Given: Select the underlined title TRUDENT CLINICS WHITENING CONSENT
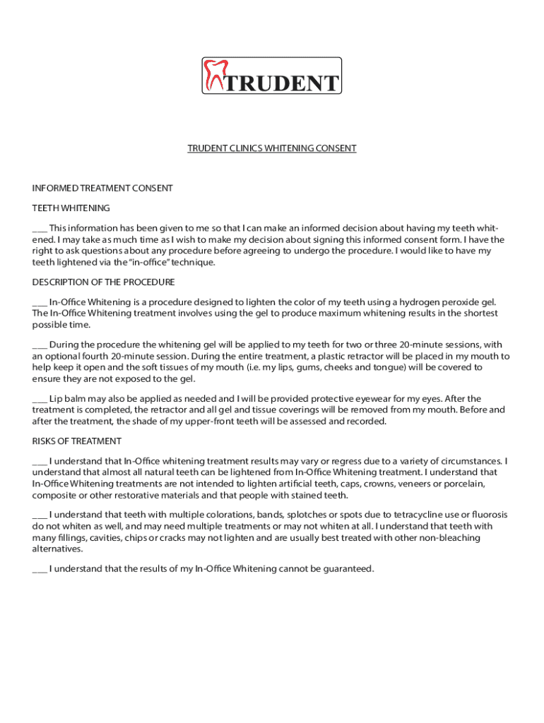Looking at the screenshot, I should [272, 148].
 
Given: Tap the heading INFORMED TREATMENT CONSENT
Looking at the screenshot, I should [102, 189].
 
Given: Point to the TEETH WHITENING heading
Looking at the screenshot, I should [71, 208].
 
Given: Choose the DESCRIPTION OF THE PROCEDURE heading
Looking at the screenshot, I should [104, 282].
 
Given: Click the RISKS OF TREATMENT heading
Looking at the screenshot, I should [77, 441].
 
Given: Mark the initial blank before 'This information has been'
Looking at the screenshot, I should [40, 229].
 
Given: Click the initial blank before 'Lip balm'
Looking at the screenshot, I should [40, 399].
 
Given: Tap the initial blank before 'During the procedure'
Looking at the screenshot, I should [40, 345].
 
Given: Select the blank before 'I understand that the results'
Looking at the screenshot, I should [40, 569].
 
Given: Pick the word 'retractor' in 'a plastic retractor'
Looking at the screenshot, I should [385, 357].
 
